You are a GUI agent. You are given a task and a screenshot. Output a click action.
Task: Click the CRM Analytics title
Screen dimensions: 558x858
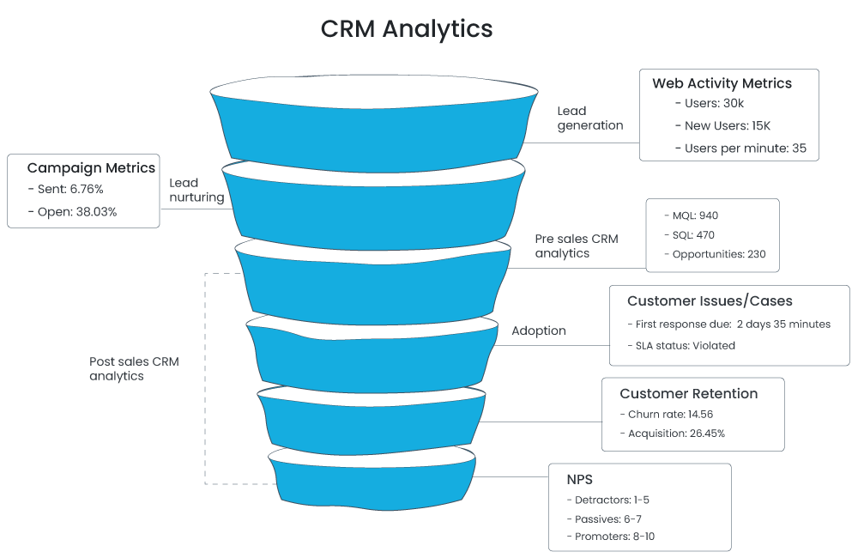click(407, 28)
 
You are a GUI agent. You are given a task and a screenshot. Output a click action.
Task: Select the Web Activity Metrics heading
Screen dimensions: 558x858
click(722, 83)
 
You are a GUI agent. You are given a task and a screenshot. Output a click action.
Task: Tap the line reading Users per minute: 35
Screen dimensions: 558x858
click(741, 148)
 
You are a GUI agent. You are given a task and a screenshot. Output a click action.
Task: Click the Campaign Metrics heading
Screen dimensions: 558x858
click(91, 168)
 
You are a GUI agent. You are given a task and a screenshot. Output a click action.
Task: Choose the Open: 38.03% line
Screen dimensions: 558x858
click(72, 211)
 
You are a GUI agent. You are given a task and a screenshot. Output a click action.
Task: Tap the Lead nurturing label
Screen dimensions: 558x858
click(196, 190)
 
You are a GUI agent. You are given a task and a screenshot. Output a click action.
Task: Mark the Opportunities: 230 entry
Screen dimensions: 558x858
click(714, 254)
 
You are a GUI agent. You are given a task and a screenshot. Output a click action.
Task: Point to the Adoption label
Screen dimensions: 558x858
click(539, 331)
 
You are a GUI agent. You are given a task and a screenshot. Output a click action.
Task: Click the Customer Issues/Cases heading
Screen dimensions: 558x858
click(710, 301)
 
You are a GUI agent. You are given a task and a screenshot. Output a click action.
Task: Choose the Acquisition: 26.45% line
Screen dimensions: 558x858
click(675, 434)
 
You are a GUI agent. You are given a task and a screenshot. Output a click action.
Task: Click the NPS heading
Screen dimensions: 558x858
click(579, 479)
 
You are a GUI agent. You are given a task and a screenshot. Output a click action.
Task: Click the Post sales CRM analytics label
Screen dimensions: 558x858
click(134, 368)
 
